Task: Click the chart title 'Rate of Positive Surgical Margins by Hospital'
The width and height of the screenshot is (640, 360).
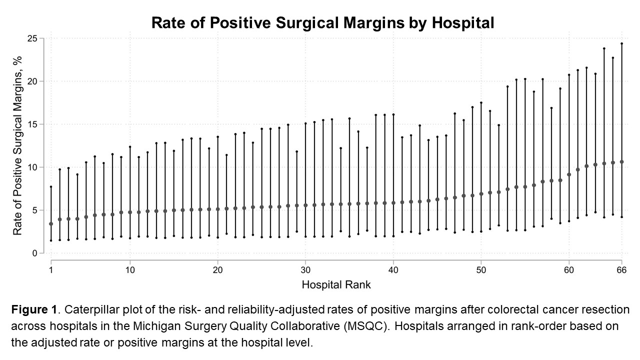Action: click(x=322, y=23)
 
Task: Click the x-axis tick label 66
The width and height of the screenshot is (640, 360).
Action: click(x=621, y=270)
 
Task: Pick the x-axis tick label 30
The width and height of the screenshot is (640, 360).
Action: click(x=305, y=270)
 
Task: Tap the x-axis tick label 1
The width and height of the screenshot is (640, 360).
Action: click(x=51, y=270)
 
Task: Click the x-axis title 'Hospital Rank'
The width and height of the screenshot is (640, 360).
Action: click(x=336, y=285)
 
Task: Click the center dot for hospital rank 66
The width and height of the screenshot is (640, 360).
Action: click(x=621, y=162)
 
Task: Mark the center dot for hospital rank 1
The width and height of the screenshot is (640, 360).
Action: click(x=51, y=224)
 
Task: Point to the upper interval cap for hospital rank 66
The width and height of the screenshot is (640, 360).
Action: click(x=621, y=43)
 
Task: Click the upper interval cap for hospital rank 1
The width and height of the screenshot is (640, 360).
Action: click(x=51, y=187)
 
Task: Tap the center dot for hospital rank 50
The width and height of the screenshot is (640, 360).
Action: click(x=481, y=194)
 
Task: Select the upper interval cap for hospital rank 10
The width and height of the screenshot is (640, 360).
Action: click(x=130, y=146)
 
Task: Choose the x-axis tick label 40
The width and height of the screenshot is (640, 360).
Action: click(x=393, y=270)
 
